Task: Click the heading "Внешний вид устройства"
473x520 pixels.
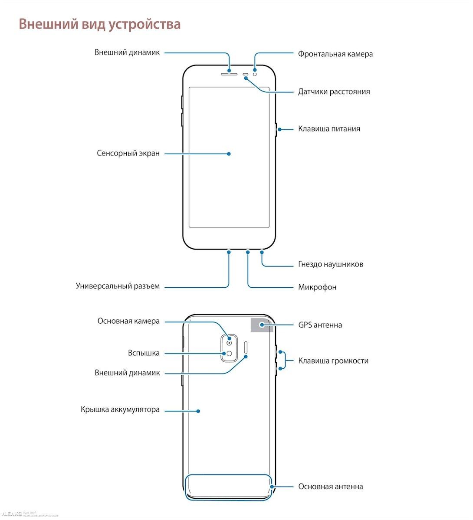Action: coord(100,24)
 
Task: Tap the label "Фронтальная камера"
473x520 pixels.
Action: coord(335,54)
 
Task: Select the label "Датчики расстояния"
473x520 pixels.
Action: coord(334,91)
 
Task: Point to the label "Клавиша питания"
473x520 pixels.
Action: coord(329,129)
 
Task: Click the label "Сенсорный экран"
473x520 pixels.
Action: coord(128,153)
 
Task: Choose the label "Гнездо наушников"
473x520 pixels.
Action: coord(330,264)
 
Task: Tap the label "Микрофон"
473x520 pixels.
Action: coord(317,287)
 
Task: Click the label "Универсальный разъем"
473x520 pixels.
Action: coord(118,286)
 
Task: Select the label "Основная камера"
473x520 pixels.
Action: coord(128,321)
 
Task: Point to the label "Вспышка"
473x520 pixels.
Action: coord(144,353)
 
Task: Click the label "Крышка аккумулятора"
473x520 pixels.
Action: coord(120,409)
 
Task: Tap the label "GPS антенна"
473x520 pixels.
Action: coord(320,325)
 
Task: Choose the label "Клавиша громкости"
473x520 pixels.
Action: coord(333,361)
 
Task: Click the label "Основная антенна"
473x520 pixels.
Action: coord(330,487)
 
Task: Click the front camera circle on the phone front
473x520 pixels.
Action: coord(255,74)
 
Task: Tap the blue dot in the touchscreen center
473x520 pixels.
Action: coord(229,153)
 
